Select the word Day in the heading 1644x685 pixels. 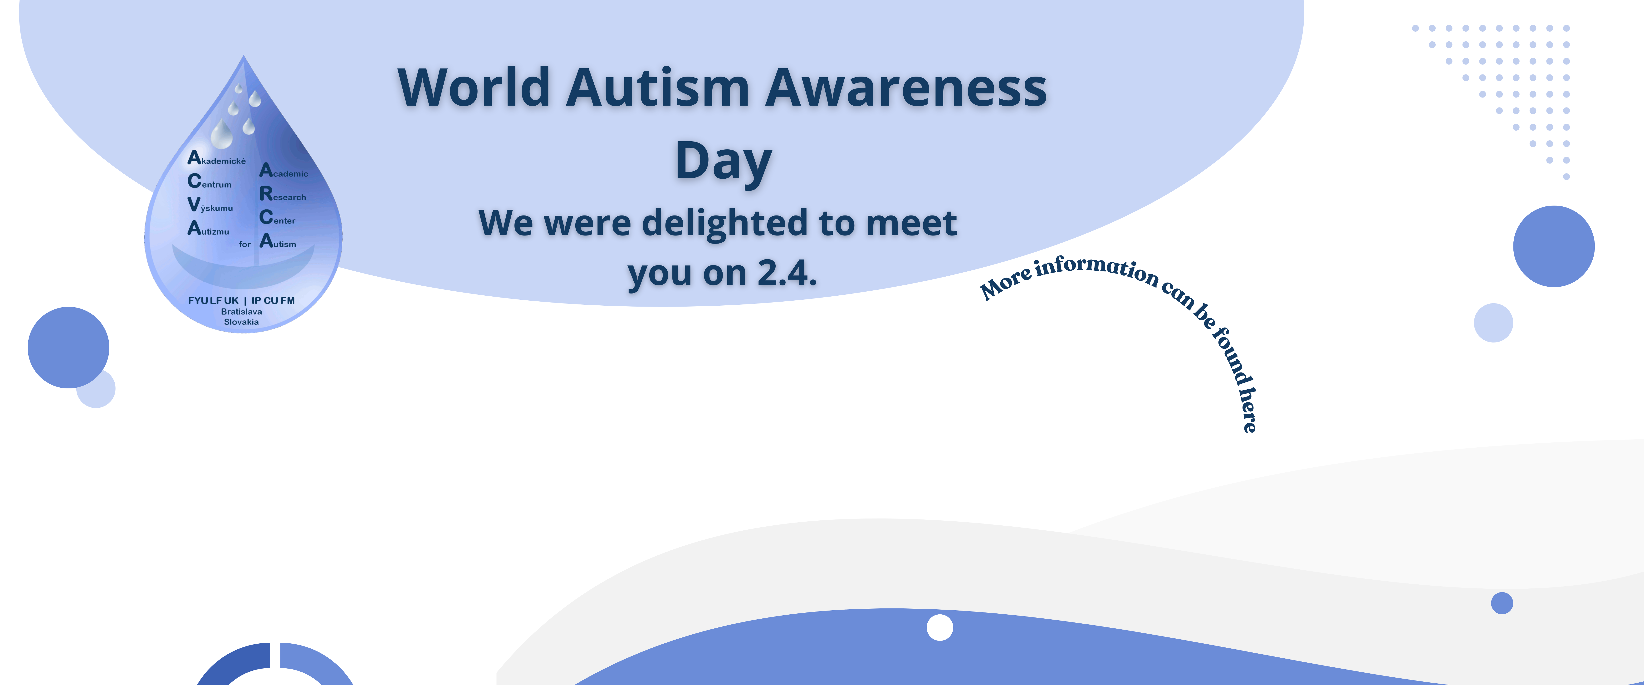coord(724,161)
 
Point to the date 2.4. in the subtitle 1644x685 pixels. coord(787,273)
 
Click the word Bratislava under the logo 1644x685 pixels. coord(241,312)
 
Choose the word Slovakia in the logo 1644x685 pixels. coord(241,322)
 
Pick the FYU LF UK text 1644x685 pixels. coord(213,300)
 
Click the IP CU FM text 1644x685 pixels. coord(273,300)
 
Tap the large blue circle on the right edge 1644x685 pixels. coord(1554,246)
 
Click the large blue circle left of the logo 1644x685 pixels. coord(68,347)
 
